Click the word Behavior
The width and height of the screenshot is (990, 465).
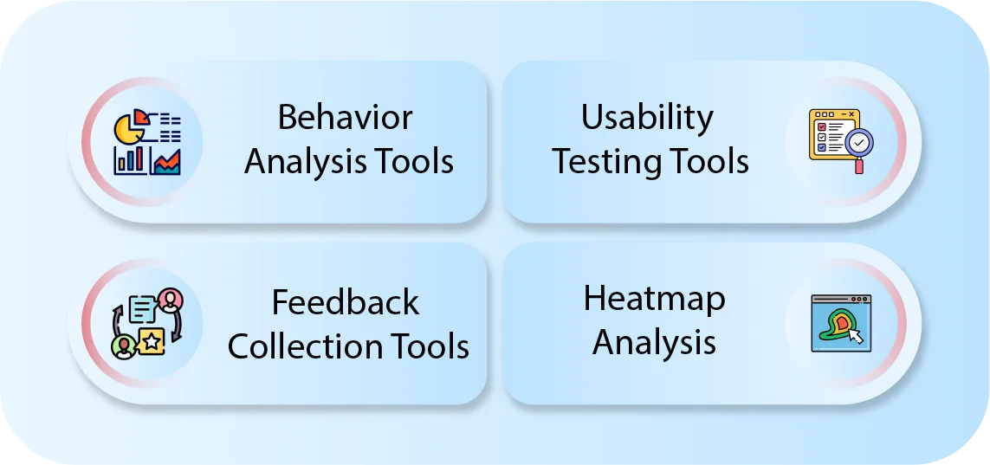click(345, 118)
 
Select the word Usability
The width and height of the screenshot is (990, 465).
click(647, 118)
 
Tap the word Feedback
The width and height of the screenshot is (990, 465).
click(345, 302)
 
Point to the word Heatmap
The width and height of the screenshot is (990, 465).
click(654, 299)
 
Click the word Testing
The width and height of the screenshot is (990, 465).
click(608, 161)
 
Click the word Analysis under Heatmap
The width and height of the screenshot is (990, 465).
click(654, 343)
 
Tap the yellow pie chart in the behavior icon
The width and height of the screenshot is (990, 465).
click(128, 131)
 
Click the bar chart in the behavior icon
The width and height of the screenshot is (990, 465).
click(129, 159)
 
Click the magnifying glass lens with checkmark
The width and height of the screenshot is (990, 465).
click(859, 141)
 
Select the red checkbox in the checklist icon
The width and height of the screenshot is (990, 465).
click(822, 126)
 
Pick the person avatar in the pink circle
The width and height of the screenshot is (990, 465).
click(171, 300)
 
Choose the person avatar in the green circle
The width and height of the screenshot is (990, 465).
click(124, 346)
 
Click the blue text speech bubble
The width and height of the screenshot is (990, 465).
click(142, 308)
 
